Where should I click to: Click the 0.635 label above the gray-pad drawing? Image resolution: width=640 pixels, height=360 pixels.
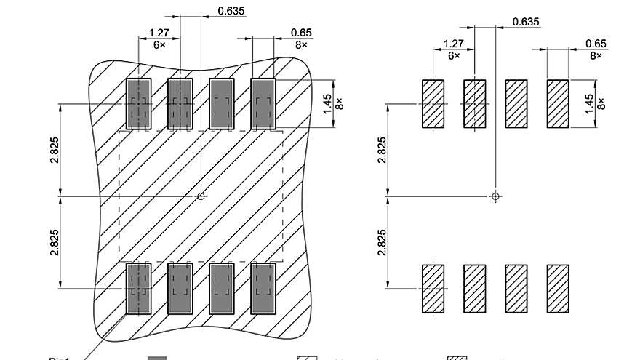[x=231, y=11]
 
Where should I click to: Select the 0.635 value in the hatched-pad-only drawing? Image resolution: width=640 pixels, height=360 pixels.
[x=526, y=22]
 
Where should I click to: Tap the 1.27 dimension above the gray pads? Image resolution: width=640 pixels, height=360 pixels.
[x=159, y=33]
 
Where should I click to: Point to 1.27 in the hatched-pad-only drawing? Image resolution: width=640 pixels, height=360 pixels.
[x=453, y=44]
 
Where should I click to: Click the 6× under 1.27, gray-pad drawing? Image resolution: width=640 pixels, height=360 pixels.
[x=159, y=44]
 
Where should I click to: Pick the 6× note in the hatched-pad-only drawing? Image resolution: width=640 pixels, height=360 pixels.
[x=453, y=55]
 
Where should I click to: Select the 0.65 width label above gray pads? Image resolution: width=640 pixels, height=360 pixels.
[x=301, y=33]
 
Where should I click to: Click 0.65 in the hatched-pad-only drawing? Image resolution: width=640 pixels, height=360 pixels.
[x=596, y=44]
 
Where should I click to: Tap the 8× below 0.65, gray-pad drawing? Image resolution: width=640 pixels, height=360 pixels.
[x=301, y=44]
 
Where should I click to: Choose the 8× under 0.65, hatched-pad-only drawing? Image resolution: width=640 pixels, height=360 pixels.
[x=596, y=55]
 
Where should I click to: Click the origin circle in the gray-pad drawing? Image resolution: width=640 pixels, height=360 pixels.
[x=201, y=196]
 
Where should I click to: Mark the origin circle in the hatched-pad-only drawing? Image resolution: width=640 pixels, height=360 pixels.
[x=496, y=196]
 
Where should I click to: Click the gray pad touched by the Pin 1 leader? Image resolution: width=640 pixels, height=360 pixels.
[x=138, y=289]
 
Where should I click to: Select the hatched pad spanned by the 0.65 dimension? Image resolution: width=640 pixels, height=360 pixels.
[x=558, y=104]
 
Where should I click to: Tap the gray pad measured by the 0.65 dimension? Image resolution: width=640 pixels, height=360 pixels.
[x=263, y=104]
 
